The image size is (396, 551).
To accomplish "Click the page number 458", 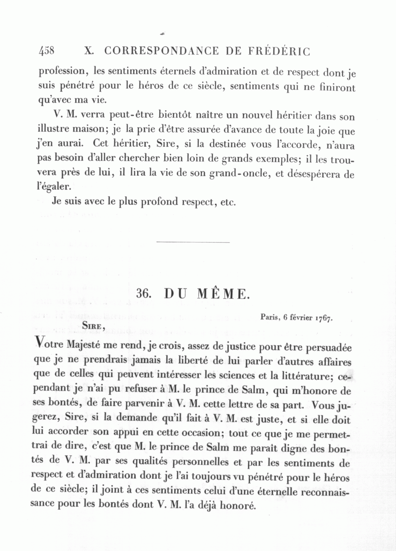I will (47, 51).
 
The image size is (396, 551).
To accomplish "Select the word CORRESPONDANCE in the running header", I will (161, 51).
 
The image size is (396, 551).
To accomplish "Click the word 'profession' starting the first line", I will (61, 71).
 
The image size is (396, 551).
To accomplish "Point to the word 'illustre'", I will (52, 130).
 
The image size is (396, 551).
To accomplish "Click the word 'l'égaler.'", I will (54, 187).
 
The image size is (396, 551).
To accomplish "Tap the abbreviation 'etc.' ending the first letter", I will (227, 203).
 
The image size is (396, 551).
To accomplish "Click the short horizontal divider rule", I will (193, 242).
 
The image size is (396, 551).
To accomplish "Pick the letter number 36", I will (144, 294).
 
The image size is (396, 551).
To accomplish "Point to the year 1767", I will (323, 318).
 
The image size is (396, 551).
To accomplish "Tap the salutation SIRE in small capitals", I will (92, 326).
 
